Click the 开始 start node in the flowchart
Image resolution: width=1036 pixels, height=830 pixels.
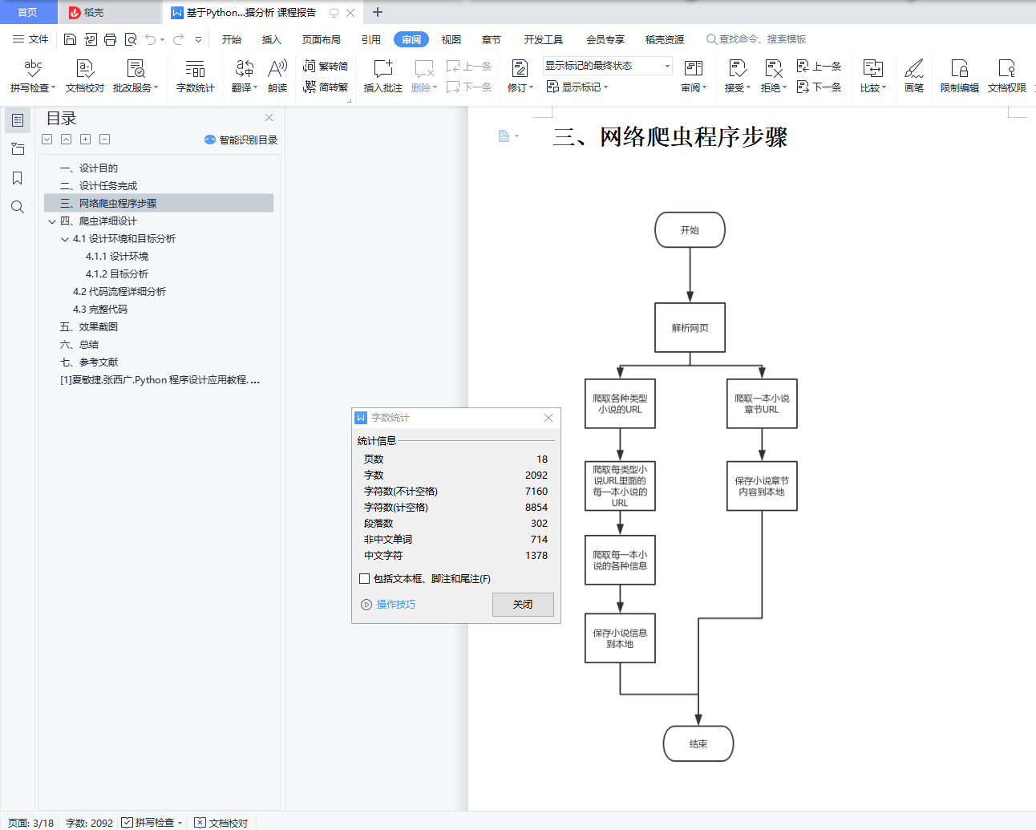(x=690, y=230)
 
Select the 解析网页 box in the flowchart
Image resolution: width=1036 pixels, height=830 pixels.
(x=690, y=327)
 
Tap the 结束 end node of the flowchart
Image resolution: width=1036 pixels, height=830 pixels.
(x=698, y=743)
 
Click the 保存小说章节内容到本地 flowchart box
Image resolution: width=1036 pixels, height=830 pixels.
(x=762, y=486)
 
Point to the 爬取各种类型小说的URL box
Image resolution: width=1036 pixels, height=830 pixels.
(x=620, y=403)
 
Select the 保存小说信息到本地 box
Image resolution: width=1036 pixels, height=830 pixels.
(x=620, y=638)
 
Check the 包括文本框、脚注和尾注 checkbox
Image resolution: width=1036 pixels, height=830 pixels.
(x=365, y=578)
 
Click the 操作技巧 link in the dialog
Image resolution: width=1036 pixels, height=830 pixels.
(x=395, y=605)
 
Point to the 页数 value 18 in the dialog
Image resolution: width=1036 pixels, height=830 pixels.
(x=542, y=460)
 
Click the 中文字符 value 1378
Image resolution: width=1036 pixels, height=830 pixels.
(x=536, y=556)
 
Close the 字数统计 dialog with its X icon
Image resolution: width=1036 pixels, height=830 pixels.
(x=548, y=418)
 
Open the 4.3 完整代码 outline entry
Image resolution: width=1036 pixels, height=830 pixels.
(x=100, y=310)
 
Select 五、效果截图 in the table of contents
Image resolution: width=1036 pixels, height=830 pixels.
(x=89, y=327)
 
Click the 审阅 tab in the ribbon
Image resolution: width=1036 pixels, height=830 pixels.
(x=411, y=39)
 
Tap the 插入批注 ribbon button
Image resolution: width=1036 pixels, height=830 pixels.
(x=383, y=76)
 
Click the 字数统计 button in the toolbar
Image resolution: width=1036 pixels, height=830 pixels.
(x=195, y=76)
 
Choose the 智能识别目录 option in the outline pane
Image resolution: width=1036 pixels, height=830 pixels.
(x=241, y=140)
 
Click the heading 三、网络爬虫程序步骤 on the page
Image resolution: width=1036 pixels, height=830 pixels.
(x=670, y=137)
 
